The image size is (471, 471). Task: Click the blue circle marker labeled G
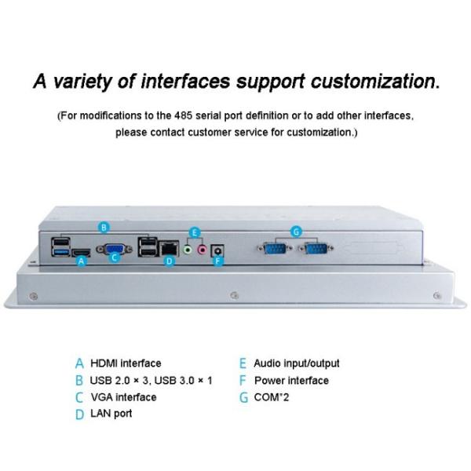[x=296, y=232]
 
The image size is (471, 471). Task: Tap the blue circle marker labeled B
[x=104, y=228]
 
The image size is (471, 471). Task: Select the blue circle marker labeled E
[x=195, y=232]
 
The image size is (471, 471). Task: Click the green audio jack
[x=188, y=249]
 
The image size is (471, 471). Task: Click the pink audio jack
[x=202, y=249]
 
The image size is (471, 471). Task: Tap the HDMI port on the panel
[x=80, y=253]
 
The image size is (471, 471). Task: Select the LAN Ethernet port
[x=167, y=249]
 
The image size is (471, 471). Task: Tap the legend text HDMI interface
[x=126, y=363]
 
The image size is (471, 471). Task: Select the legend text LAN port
[x=111, y=413]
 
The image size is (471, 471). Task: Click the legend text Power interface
[x=291, y=380]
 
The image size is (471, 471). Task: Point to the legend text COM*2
[x=272, y=397]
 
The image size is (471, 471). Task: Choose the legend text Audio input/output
[x=297, y=363]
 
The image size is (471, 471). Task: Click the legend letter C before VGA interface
[x=79, y=397]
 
